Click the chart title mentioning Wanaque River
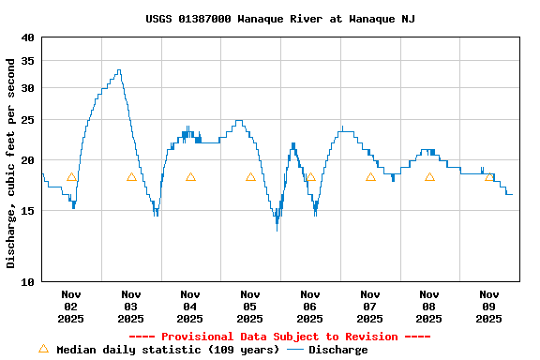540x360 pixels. [x=280, y=19]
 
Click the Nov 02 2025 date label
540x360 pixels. [x=71, y=307]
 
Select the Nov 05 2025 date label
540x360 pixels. [x=250, y=307]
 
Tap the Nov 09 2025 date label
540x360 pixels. [x=489, y=307]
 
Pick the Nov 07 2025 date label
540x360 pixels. [x=370, y=307]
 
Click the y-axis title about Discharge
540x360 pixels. [x=11, y=163]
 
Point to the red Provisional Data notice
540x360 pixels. [x=278, y=337]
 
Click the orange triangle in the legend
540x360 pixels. [x=43, y=349]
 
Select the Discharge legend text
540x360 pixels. [x=338, y=350]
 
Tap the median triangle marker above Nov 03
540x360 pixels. [x=131, y=177]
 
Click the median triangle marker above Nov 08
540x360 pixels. [x=429, y=177]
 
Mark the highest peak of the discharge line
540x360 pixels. [x=119, y=69]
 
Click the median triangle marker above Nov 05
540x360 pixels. [x=250, y=177]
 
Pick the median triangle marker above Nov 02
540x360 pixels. [x=71, y=177]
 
